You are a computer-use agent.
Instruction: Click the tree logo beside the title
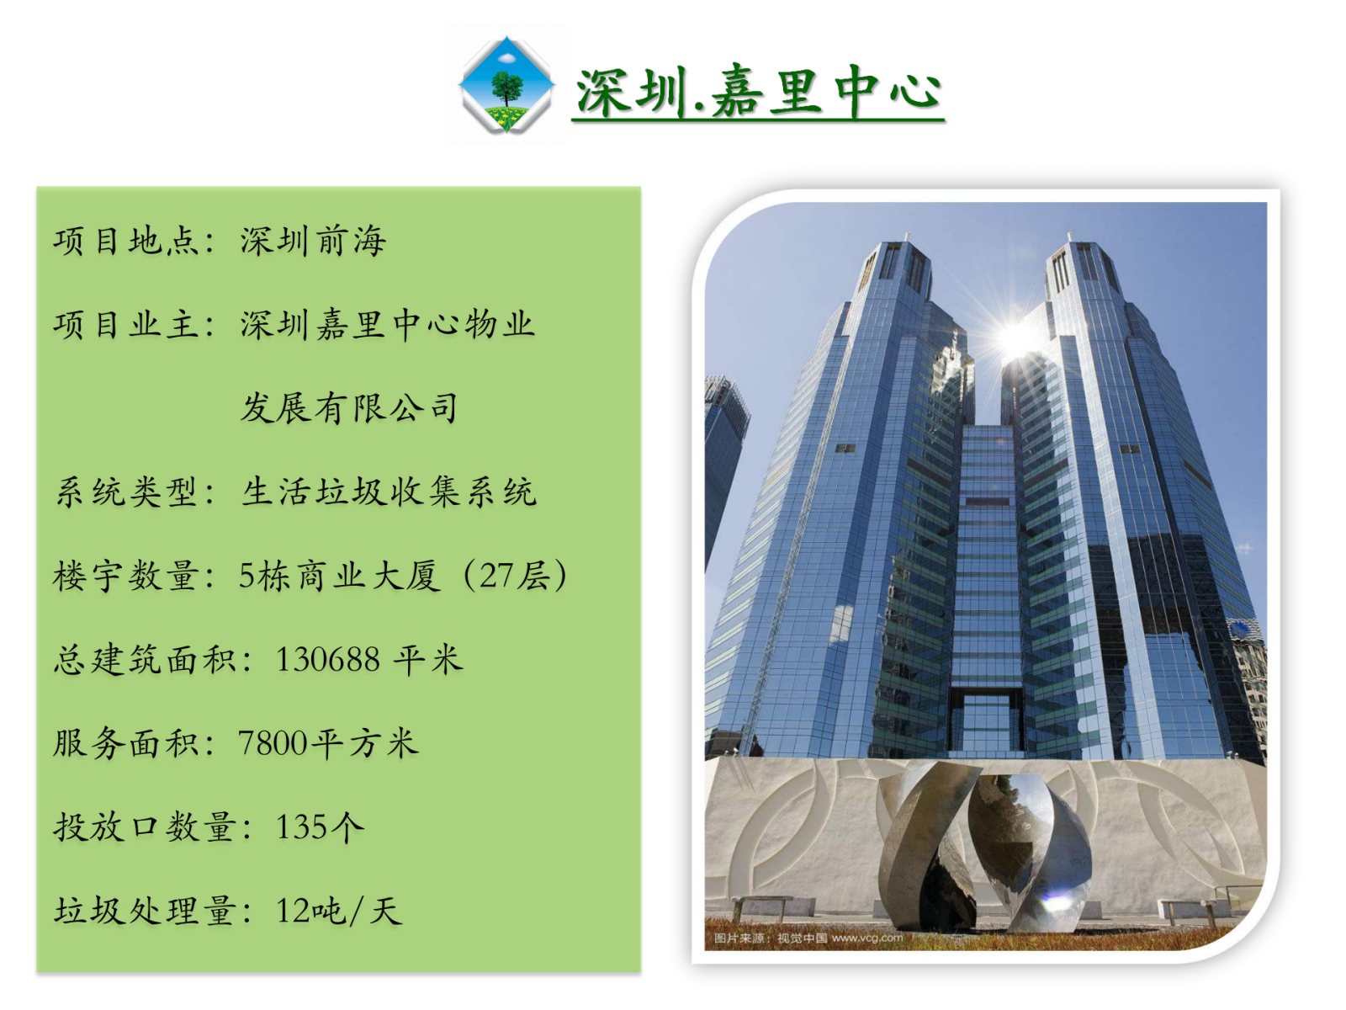click(506, 85)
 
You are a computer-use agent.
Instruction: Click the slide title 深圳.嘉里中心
click(759, 93)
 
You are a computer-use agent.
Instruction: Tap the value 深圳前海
click(313, 241)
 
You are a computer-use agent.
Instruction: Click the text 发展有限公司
click(349, 408)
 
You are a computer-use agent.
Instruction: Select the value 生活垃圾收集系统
click(389, 492)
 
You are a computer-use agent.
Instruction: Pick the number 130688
click(328, 660)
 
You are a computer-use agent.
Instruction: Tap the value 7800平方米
click(329, 743)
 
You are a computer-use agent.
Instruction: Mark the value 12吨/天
click(339, 912)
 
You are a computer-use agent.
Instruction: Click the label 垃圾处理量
click(145, 912)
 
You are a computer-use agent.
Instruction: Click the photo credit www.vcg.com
click(866, 938)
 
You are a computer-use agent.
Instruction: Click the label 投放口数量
click(145, 827)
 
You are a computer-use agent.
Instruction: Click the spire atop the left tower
click(907, 237)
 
